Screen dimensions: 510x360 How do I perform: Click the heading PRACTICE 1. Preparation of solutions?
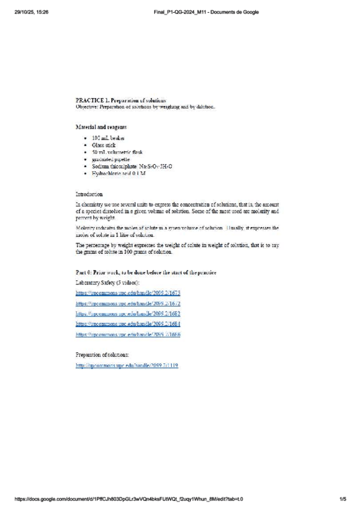click(120, 100)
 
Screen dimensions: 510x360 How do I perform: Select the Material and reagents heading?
click(100, 127)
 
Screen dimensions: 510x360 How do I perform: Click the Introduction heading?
click(89, 194)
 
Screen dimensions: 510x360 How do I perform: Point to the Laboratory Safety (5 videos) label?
click(108, 282)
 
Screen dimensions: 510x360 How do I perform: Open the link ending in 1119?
click(127, 366)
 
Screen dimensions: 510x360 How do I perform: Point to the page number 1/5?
click(343, 499)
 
